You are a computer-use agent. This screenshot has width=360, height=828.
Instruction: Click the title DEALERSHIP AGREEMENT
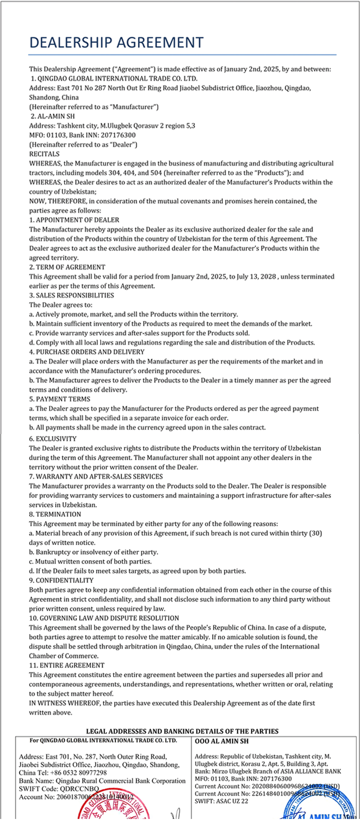pos(116,42)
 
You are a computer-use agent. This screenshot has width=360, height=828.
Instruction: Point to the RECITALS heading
pos(44,154)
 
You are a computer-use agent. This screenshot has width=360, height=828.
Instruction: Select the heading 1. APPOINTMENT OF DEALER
pos(74,220)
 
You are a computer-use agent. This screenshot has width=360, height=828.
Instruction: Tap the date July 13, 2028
pos(255,276)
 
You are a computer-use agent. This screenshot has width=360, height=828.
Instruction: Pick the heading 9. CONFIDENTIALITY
pos(61,580)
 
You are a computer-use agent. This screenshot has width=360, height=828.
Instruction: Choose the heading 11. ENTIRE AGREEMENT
pos(66,665)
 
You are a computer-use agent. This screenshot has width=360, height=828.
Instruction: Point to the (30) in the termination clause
pos(315,533)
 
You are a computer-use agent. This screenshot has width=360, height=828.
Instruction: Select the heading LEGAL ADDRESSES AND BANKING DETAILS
pos(182,731)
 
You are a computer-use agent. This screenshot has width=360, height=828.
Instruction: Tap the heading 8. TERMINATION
pos(55,514)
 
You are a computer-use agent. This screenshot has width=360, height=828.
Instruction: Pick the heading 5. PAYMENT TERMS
pos(59,399)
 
